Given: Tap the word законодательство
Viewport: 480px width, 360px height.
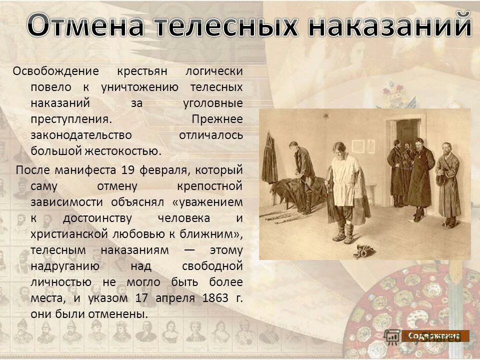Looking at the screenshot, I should tap(81, 135).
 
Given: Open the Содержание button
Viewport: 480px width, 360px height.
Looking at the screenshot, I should tap(434, 336).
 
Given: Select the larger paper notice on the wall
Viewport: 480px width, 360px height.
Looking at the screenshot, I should tap(358, 146).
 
